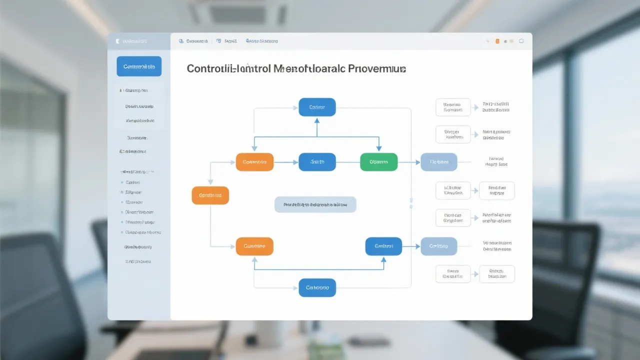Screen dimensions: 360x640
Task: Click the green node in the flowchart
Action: click(x=378, y=162)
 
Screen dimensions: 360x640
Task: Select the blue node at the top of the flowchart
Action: click(x=317, y=107)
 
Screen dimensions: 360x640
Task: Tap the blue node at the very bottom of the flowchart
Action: click(x=317, y=287)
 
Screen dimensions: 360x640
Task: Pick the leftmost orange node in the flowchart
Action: click(x=210, y=195)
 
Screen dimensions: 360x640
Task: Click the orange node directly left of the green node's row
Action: click(x=254, y=162)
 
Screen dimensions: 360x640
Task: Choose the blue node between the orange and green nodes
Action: click(x=317, y=162)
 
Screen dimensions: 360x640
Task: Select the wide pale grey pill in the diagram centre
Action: click(x=315, y=204)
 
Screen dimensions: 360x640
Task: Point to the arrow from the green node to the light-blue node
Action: click(x=409, y=162)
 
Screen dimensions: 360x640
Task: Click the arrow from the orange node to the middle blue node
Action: click(x=286, y=162)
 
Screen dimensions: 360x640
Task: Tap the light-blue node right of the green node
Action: click(x=438, y=162)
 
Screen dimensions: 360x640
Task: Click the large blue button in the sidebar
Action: click(x=139, y=66)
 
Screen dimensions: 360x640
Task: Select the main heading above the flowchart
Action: click(x=296, y=69)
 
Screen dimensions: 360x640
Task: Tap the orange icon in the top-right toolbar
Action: click(x=497, y=41)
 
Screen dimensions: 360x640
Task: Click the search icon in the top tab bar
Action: click(x=180, y=41)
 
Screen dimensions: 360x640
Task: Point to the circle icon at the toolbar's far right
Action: click(x=522, y=41)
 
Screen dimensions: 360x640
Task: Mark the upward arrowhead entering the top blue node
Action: click(x=317, y=120)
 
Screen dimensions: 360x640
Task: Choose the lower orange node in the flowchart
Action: click(x=254, y=246)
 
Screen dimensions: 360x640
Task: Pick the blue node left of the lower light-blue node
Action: click(x=383, y=246)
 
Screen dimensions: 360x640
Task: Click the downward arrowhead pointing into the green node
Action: click(x=378, y=148)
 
